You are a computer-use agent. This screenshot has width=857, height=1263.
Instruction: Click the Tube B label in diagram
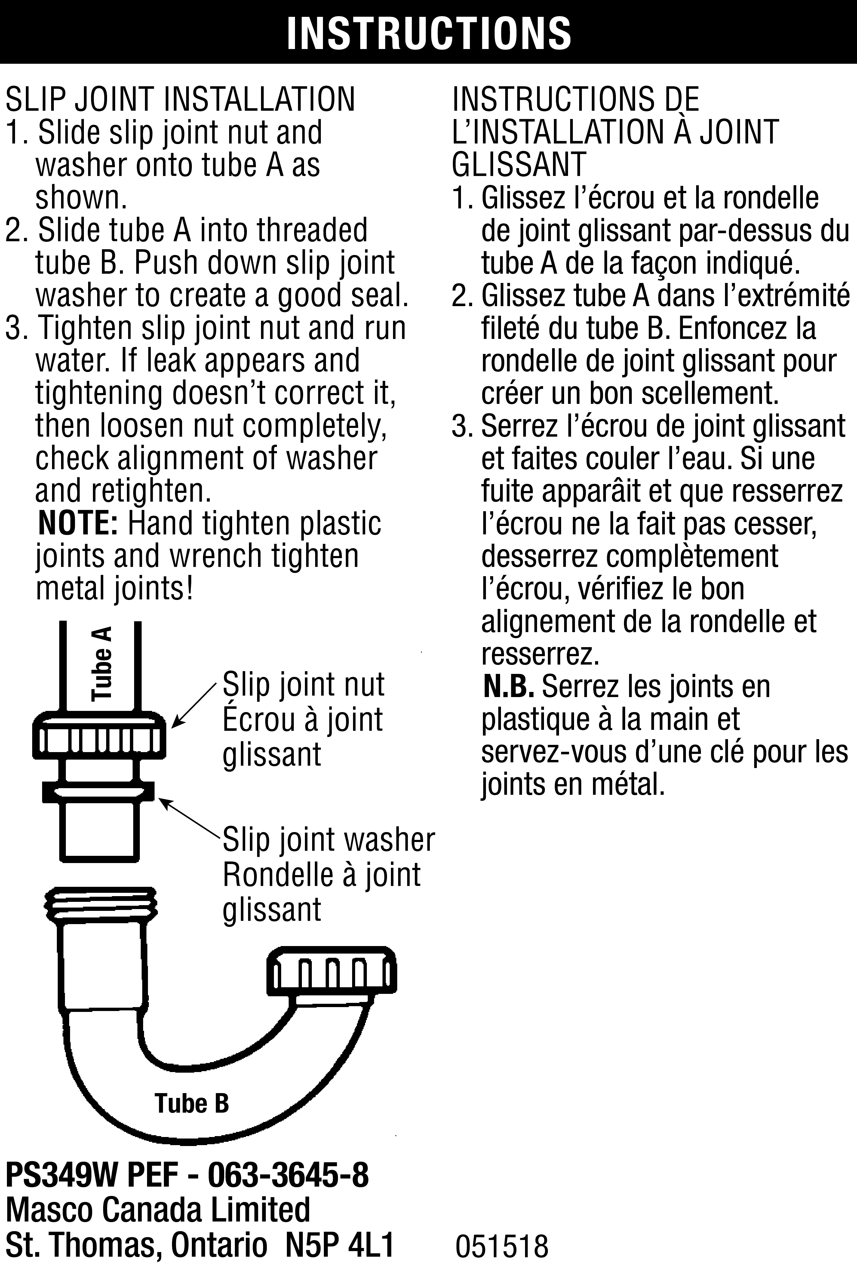tap(192, 1104)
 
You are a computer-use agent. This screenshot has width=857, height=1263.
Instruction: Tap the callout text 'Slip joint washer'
tap(329, 840)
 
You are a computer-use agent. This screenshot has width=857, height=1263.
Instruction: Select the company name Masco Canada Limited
tap(158, 1209)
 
